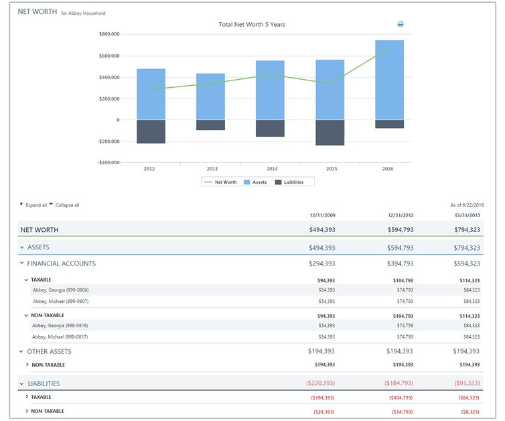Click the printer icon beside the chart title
pos(401,24)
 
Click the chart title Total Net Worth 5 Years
pos(252,24)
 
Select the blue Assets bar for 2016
pos(389,80)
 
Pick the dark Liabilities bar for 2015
pos(330,132)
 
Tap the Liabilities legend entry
pos(293,182)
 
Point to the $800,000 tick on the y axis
pos(109,34)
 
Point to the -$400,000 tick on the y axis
pos(108,162)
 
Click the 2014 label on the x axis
pos(271,169)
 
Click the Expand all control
pos(35,205)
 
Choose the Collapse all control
pos(67,205)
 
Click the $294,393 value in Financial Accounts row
pos(321,263)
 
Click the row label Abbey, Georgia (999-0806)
pos(60,290)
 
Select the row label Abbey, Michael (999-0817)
pos(60,337)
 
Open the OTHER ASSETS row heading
pos(49,351)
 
